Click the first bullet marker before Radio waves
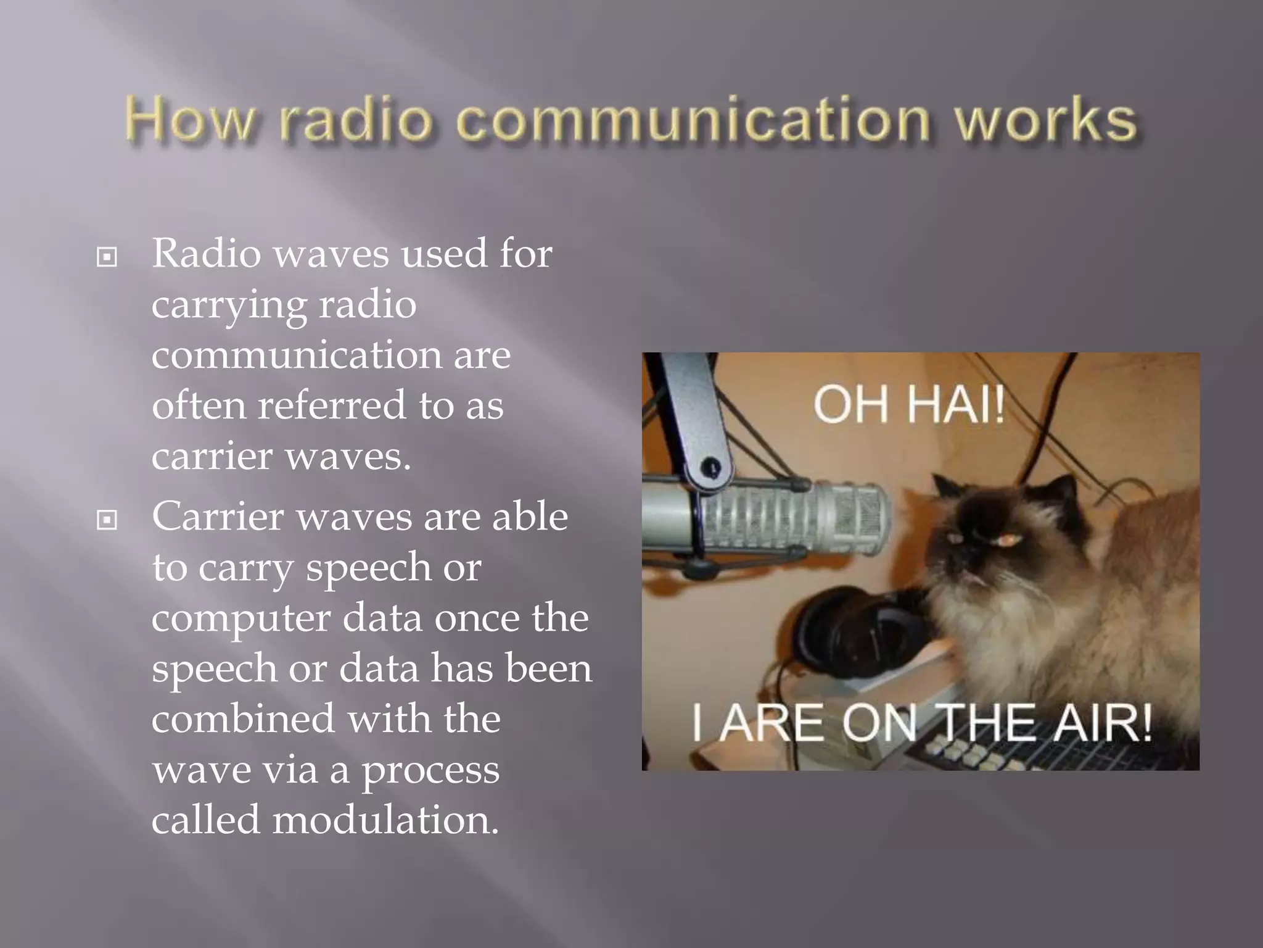pyautogui.click(x=107, y=257)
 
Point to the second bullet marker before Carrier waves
pyautogui.click(x=107, y=520)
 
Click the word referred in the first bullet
pyautogui.click(x=332, y=406)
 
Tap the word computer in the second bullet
pyautogui.click(x=241, y=619)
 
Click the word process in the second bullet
pyautogui.click(x=430, y=771)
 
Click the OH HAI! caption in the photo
pyautogui.click(x=908, y=405)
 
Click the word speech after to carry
pyautogui.click(x=368, y=568)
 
